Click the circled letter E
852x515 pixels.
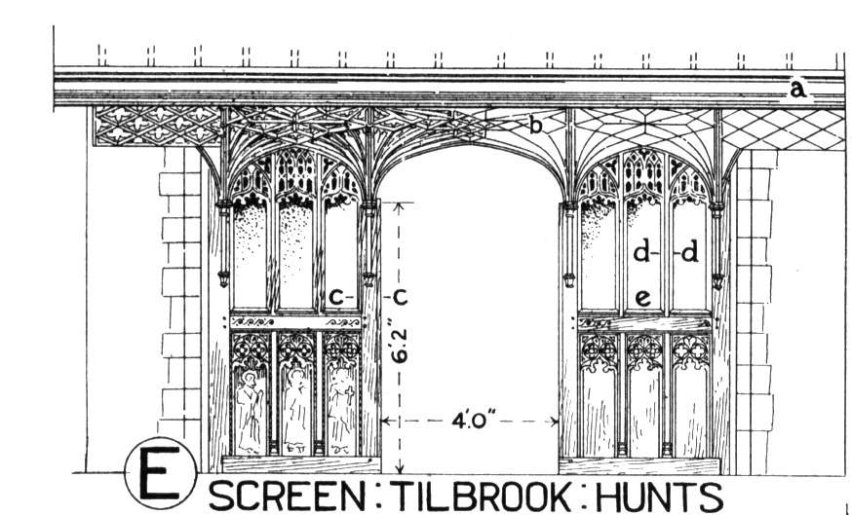coord(160,473)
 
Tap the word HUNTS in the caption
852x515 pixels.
coord(660,496)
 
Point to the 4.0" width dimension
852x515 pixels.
coord(471,422)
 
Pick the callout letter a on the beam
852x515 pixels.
coord(797,89)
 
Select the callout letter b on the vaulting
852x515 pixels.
coord(536,126)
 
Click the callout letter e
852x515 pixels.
coord(642,298)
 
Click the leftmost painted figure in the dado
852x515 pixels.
coord(250,412)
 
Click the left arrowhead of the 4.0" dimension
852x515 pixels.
coord(385,422)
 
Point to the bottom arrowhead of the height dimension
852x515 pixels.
coord(401,468)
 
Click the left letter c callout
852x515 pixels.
coord(337,298)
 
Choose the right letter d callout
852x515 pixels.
coord(689,252)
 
